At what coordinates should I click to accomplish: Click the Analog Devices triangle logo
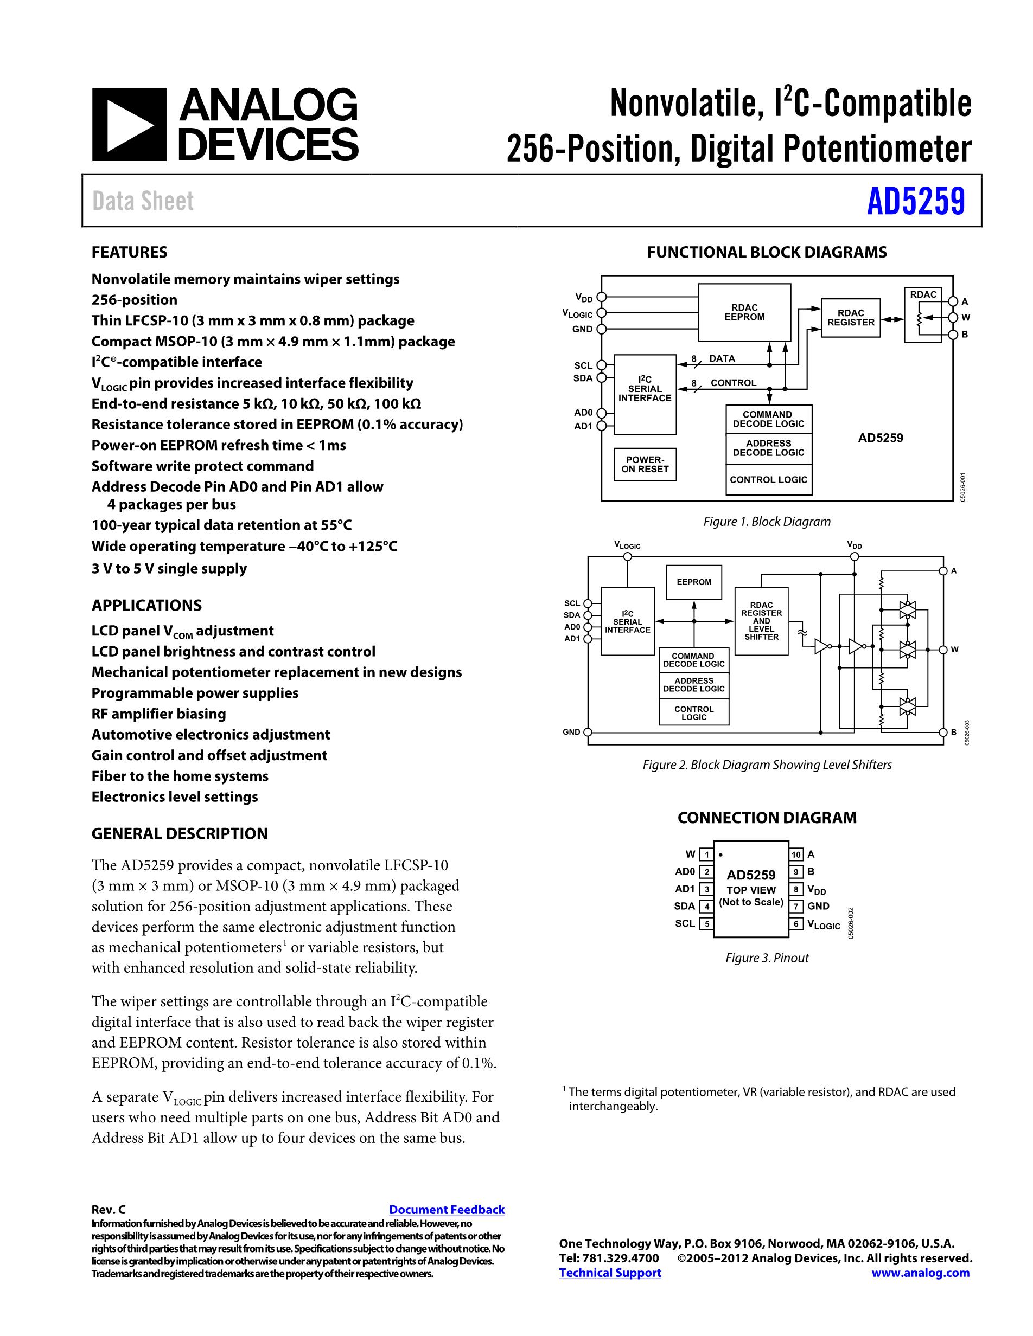coord(129,125)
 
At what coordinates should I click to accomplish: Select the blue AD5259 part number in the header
coord(915,201)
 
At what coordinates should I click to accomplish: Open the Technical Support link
coord(610,1273)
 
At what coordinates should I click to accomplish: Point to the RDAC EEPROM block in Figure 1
coord(744,313)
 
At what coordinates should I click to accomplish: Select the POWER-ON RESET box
coord(645,464)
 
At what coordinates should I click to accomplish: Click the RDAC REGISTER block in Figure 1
coord(851,318)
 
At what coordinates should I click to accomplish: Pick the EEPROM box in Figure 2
coord(694,582)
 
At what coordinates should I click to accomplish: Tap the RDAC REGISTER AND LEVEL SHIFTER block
coord(761,621)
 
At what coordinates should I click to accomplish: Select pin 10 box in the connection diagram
coord(796,855)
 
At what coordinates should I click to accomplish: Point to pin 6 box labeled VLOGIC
coord(796,924)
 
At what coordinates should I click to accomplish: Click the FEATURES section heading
coord(129,252)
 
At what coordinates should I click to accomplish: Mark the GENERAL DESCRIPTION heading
coord(179,834)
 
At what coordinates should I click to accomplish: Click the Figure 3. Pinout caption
coord(767,958)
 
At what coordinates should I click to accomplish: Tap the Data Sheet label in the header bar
coord(143,201)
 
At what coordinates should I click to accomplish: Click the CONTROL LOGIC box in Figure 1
coord(769,480)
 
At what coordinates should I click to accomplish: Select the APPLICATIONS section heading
coord(146,605)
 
